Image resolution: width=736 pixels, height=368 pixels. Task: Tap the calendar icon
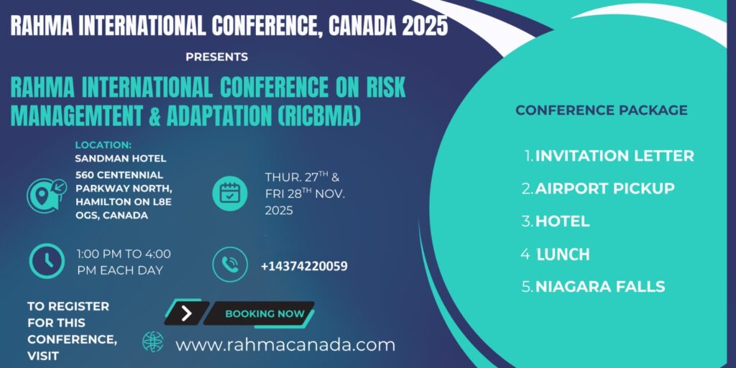[229, 193]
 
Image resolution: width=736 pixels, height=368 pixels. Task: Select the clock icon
[47, 261]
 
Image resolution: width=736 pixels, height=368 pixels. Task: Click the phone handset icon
[229, 264]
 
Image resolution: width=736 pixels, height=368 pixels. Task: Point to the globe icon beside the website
[153, 341]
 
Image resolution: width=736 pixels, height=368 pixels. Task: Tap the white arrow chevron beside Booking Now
[186, 313]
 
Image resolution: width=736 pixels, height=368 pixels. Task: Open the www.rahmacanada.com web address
[285, 346]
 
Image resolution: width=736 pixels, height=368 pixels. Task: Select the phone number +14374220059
[304, 267]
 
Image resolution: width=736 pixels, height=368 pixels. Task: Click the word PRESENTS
[217, 57]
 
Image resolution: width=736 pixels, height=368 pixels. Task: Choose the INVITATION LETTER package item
[615, 156]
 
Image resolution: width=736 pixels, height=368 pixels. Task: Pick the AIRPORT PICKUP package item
[605, 189]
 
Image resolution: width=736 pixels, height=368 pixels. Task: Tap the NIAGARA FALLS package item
[600, 287]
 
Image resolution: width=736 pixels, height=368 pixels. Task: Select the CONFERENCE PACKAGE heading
[602, 110]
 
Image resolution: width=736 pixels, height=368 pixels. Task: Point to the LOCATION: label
[103, 145]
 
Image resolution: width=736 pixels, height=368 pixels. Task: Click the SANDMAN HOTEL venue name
[121, 159]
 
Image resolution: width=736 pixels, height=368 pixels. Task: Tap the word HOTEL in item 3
[562, 221]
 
